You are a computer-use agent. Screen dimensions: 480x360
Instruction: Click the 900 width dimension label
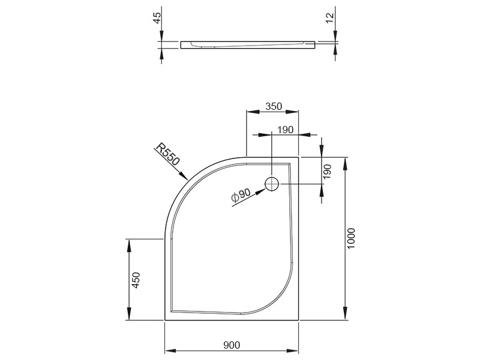click(x=232, y=345)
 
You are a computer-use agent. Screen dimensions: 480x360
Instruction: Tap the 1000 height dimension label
click(x=351, y=238)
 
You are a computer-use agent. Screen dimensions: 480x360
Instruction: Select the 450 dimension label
click(x=136, y=280)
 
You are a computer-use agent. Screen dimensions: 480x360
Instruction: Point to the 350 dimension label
click(x=274, y=106)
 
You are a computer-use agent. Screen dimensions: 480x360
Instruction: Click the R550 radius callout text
click(x=167, y=154)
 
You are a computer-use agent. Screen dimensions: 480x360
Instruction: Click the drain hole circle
click(x=272, y=184)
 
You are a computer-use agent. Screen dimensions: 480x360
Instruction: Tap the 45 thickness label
click(x=157, y=18)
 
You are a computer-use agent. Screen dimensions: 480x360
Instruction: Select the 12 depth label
click(x=329, y=18)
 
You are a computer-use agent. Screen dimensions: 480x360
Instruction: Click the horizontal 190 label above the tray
click(x=285, y=130)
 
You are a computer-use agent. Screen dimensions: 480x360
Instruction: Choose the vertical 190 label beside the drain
click(x=327, y=172)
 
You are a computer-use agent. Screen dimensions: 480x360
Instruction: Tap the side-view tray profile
click(x=248, y=45)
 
